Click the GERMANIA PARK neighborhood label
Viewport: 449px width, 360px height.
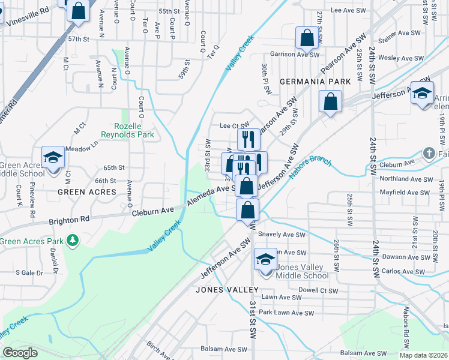pos(315,81)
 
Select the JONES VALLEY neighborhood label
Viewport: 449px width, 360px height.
pos(227,290)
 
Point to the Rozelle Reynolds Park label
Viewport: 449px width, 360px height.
pos(134,130)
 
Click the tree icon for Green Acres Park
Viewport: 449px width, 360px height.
pos(73,241)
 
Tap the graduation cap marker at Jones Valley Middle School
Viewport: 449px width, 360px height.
pos(265,259)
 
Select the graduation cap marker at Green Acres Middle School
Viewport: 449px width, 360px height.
pos(53,157)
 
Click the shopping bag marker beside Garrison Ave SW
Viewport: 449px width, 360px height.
pos(307,38)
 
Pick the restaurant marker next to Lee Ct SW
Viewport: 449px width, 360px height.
pos(248,139)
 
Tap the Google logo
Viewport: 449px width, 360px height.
pos(20,353)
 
